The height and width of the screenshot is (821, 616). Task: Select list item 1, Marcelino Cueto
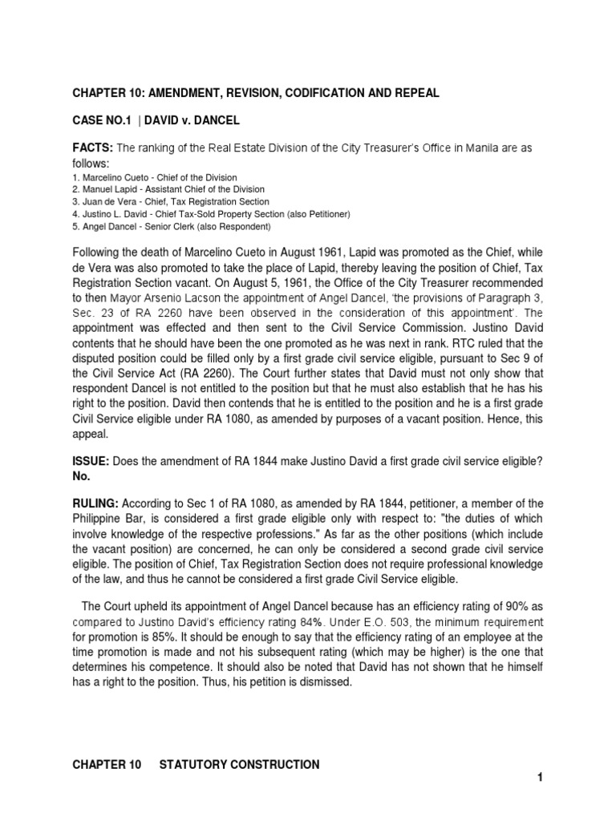click(x=154, y=176)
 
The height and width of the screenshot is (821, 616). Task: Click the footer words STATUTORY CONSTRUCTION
click(x=237, y=764)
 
